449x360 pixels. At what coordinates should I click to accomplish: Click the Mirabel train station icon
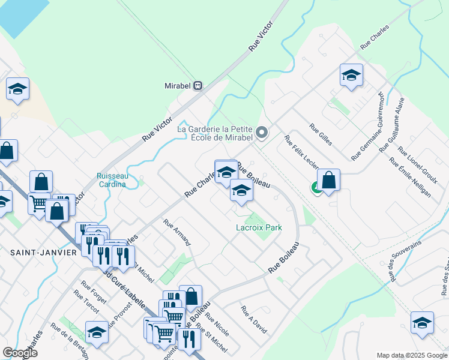(x=197, y=86)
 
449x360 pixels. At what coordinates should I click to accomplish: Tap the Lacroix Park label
(x=259, y=227)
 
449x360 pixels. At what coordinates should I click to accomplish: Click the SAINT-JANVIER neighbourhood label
(x=43, y=253)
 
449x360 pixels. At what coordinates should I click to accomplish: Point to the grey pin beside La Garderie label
(x=261, y=132)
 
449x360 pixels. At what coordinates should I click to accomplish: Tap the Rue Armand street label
(x=176, y=232)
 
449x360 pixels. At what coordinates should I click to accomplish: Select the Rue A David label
(x=254, y=320)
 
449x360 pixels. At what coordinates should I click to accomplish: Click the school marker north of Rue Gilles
(x=351, y=75)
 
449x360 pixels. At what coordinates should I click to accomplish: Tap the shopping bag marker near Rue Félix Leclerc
(x=328, y=180)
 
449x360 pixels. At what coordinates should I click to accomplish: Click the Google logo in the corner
(x=20, y=353)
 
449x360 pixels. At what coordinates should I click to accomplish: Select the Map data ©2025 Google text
(x=411, y=355)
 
